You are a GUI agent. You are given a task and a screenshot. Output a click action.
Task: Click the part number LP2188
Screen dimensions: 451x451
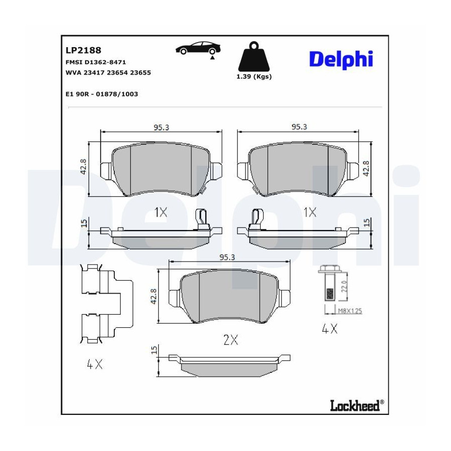click(83, 50)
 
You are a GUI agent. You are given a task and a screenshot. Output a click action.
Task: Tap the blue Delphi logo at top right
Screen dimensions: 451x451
click(341, 60)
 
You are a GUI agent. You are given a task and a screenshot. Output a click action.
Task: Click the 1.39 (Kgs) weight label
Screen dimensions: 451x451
click(254, 77)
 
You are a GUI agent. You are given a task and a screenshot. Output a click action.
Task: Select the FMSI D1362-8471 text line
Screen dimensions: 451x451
click(96, 62)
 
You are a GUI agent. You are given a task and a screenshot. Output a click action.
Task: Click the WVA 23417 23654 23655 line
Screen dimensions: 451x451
click(108, 73)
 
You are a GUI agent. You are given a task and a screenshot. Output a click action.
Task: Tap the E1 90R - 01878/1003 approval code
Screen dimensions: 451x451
click(102, 94)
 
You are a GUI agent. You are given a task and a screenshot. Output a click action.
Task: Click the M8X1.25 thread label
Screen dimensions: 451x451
click(350, 311)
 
